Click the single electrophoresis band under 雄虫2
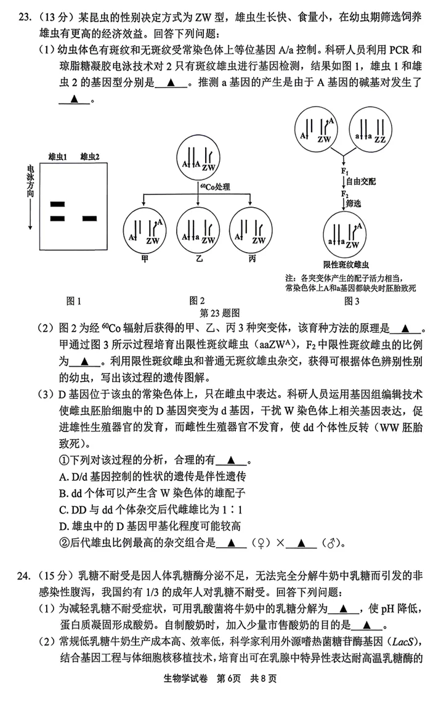coord(90,218)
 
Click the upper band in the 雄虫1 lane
coord(57,203)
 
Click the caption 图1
coord(73,300)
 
